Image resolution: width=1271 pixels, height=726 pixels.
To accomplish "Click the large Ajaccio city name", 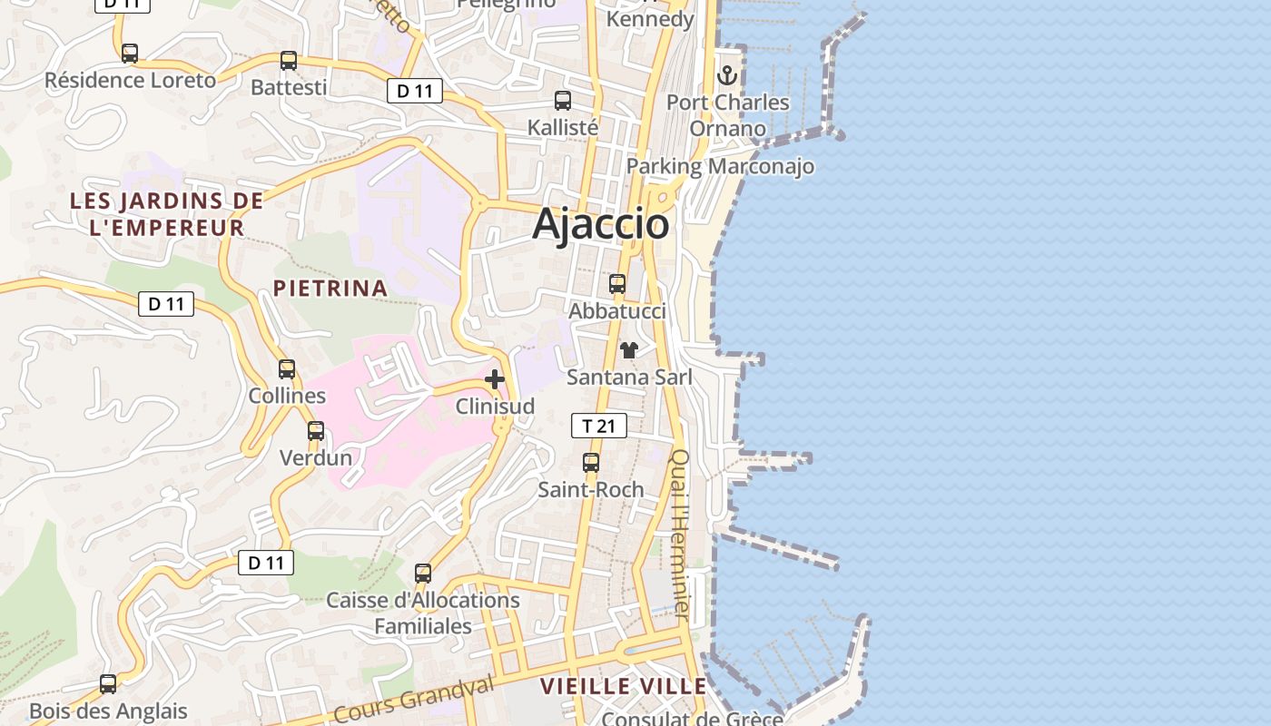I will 601,224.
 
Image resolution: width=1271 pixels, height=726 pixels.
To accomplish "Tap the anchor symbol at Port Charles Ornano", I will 726,74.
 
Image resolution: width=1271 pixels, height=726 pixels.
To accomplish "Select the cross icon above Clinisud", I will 495,379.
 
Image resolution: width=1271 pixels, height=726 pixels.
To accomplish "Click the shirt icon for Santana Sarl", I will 628,349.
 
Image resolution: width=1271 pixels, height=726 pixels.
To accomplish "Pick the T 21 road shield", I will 598,425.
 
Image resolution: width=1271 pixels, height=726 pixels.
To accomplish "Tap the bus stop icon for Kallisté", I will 563,101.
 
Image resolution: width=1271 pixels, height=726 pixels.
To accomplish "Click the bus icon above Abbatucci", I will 617,284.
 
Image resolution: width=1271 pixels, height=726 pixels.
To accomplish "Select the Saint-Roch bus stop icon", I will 591,463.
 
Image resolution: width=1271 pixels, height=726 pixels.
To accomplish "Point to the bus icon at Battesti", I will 288,61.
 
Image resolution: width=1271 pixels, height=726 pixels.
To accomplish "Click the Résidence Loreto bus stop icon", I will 130,54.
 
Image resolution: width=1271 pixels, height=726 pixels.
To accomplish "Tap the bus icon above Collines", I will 287,369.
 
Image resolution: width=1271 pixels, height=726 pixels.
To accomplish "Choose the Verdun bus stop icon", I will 315,431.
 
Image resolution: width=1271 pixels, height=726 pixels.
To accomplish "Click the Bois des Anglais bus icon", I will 108,684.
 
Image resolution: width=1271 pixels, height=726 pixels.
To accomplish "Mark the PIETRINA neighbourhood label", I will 330,289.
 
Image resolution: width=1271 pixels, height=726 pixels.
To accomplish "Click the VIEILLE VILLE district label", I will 623,686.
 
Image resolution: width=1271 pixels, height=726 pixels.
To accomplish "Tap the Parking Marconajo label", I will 720,167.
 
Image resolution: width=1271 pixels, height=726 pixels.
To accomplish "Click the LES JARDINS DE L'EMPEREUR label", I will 167,214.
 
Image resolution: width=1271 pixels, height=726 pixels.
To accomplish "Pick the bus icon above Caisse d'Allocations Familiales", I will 423,574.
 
